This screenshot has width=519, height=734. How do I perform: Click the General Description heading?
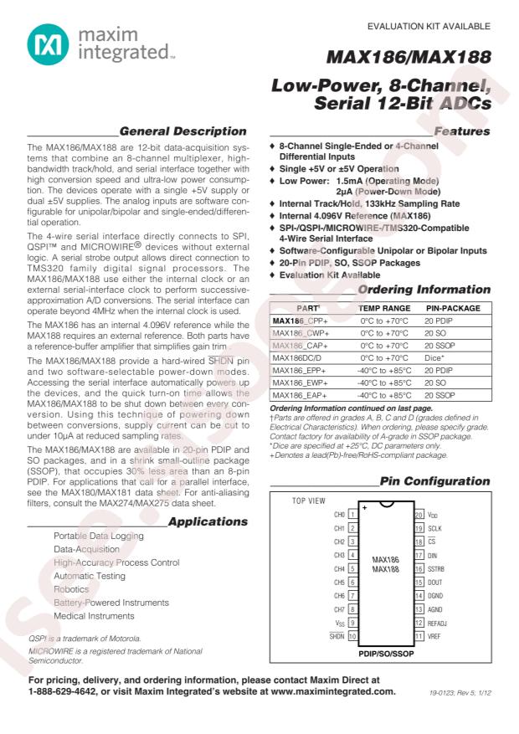coord(183,131)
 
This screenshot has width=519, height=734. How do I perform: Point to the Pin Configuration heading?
coord(434,481)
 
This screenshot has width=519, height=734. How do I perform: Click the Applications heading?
coord(208,521)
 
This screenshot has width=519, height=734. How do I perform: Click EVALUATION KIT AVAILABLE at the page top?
coord(435,26)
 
